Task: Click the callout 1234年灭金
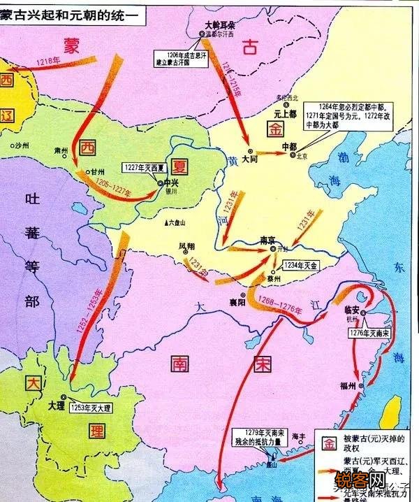[302, 266]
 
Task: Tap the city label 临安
[355, 308]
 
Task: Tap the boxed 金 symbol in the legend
[328, 443]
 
